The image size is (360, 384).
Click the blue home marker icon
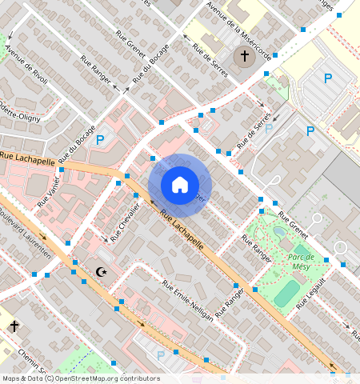coord(180,185)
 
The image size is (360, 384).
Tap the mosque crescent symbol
coord(101,273)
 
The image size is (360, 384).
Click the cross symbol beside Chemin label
coord(14,326)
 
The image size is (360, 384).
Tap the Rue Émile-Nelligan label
coord(188,300)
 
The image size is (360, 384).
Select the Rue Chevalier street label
coord(126,222)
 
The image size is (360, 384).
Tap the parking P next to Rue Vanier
coord(100,141)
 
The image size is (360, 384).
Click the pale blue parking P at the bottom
coord(160,354)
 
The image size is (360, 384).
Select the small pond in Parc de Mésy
coord(278,232)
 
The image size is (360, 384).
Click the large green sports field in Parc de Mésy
coord(286,294)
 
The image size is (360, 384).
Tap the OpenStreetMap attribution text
coord(81,378)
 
